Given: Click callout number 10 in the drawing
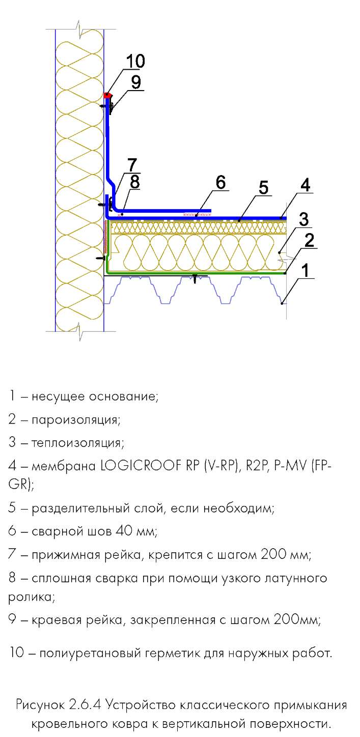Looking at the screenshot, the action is pos(135,61).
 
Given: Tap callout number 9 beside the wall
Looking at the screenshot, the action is pos(135,82).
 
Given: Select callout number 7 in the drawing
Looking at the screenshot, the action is pos(132,165).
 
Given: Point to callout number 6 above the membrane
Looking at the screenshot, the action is pos(220,182).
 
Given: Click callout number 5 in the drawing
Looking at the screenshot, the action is pos(263,188).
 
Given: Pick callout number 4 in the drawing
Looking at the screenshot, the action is pos(305,185).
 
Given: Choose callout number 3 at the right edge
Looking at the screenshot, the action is pos(303,219).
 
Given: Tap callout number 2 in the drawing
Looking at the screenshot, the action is pos(309,241).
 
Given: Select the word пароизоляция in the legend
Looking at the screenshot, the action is pos(76,420).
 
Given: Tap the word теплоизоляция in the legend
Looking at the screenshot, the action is pos(78,443).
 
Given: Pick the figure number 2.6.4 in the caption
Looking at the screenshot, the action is pos(85,705).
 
